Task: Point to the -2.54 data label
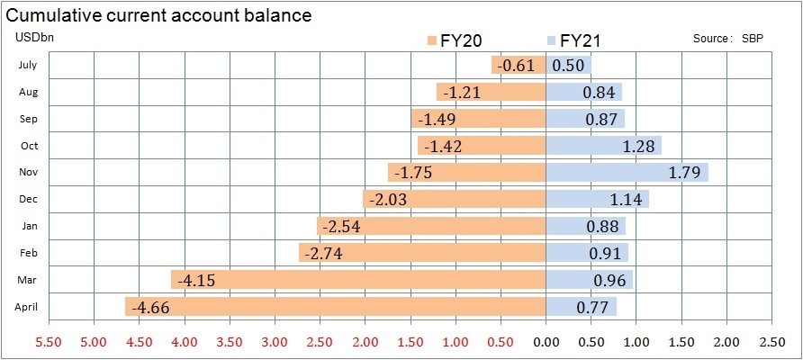339,227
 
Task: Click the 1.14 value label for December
623,200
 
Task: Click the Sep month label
28,118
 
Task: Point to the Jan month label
28,226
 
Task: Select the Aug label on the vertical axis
28,91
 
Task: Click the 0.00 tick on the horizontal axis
546,342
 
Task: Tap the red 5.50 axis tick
48,342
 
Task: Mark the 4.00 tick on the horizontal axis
184,342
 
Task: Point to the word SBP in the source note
753,40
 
